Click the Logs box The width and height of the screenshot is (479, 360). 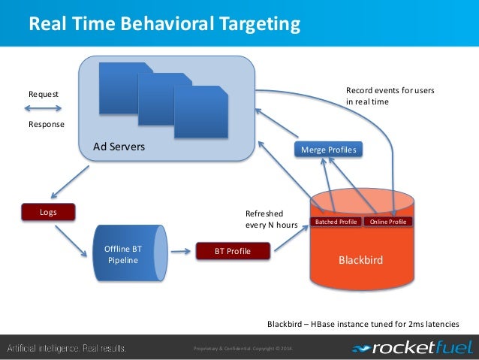(48, 213)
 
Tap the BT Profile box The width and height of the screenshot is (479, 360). (232, 250)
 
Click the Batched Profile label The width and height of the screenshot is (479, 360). (336, 222)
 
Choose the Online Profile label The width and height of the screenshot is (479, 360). (388, 222)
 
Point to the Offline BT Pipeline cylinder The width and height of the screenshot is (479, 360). (127, 254)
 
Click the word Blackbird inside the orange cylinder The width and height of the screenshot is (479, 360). (360, 261)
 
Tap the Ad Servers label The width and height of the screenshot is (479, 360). (119, 147)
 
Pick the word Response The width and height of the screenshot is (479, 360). (46, 124)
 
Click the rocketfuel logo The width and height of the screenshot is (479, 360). (412, 348)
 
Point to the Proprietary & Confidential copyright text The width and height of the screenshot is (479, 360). (243, 348)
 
